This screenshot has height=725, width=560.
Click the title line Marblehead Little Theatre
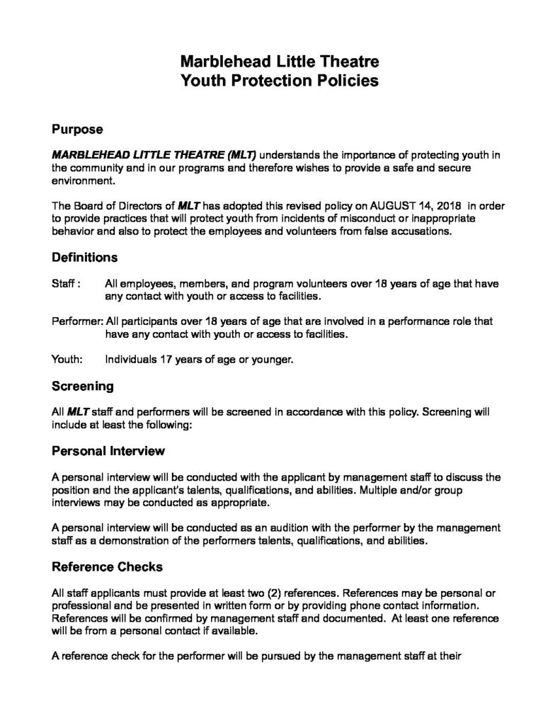click(x=280, y=61)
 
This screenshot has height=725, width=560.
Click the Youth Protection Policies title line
click(x=280, y=81)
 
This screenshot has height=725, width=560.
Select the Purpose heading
click(x=78, y=130)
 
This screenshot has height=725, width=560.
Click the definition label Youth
click(x=67, y=360)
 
